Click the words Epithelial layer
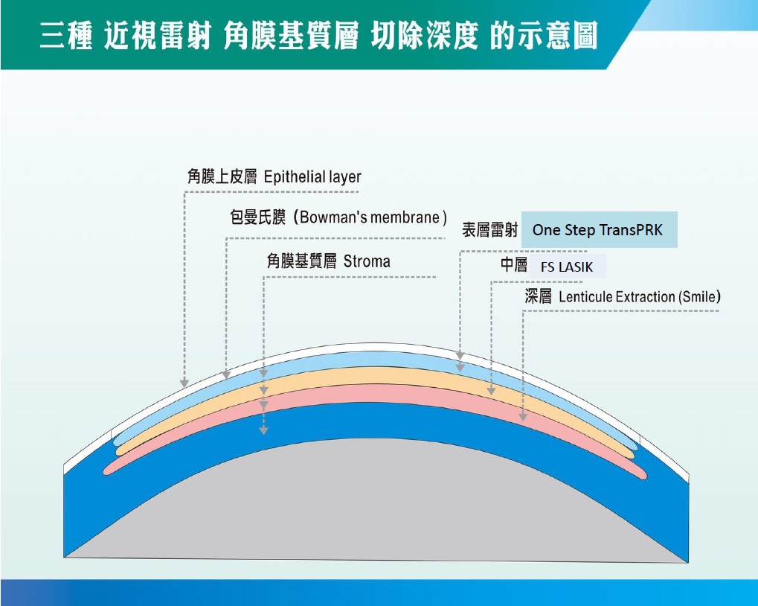[x=312, y=177]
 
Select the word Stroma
[x=367, y=261]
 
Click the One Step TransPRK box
[x=599, y=230]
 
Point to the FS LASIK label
[x=567, y=267]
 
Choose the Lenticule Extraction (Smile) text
[x=640, y=296]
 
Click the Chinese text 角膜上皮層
[x=222, y=176]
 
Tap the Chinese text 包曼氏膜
[x=257, y=217]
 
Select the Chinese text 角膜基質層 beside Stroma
[x=302, y=261]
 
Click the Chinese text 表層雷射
[x=490, y=230]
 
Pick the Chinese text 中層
[x=514, y=264]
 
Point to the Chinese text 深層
[x=538, y=296]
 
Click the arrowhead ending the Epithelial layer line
[x=184, y=383]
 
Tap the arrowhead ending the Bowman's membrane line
[x=225, y=374]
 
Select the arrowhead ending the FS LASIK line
[x=491, y=391]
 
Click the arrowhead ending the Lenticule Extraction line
[x=523, y=417]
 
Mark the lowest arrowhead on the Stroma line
[x=263, y=430]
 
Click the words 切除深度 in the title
[x=425, y=36]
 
